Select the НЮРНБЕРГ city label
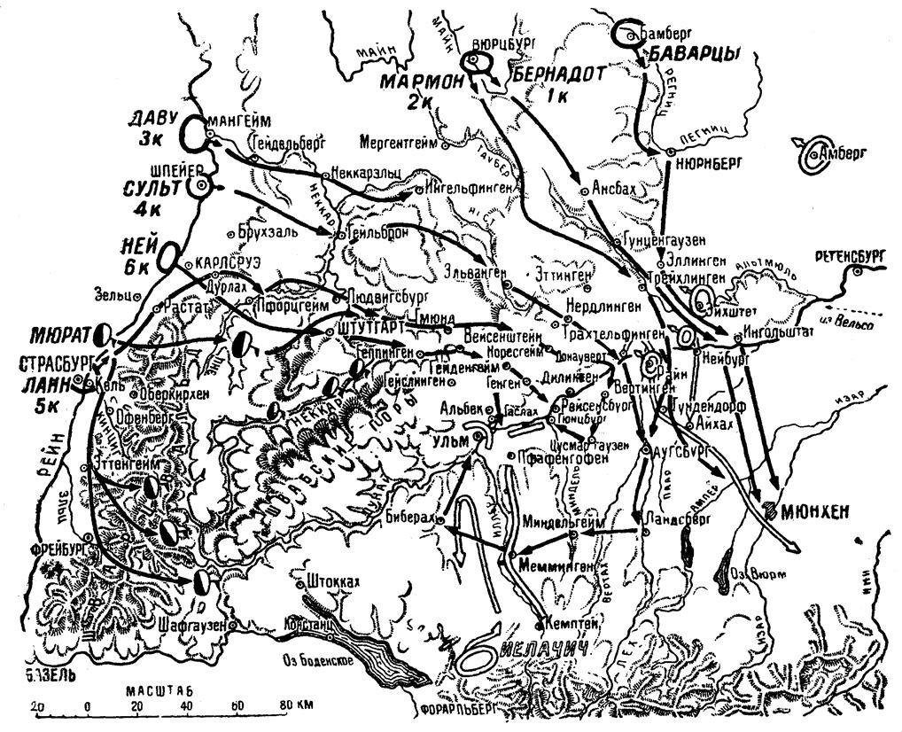point(707,164)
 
